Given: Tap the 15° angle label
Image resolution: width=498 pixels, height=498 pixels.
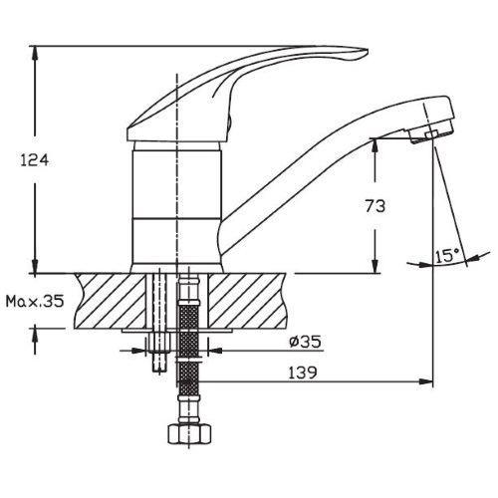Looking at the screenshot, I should point(448,257).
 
